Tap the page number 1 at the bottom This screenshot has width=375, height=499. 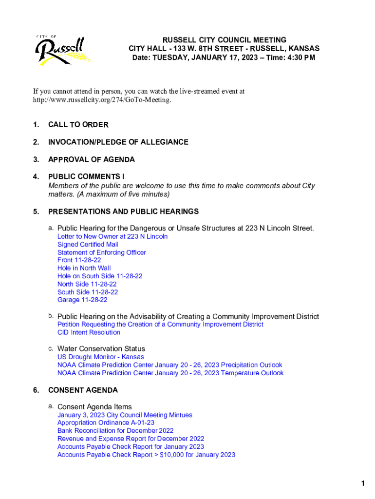[x=363, y=483]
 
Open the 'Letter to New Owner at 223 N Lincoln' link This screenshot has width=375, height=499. [x=112, y=236]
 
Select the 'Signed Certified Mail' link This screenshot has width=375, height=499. [x=88, y=244]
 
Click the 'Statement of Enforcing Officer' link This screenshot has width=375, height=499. [x=101, y=252]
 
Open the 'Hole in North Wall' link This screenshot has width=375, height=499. [x=84, y=268]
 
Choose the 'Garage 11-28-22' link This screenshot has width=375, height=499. [x=82, y=300]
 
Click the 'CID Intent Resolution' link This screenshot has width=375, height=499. [x=89, y=332]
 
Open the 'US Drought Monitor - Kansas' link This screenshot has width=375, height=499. [x=100, y=357]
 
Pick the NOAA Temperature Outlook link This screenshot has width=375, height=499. [x=170, y=373]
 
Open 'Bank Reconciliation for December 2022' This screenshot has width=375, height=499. [x=115, y=431]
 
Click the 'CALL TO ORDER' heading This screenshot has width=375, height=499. [x=78, y=125]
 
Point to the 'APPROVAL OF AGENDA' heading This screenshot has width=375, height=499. [x=92, y=159]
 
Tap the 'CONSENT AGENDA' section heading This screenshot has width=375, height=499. [x=83, y=390]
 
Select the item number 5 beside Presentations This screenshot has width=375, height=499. [x=36, y=211]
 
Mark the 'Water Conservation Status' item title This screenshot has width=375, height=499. [x=101, y=348]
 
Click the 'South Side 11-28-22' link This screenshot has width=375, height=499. [x=88, y=292]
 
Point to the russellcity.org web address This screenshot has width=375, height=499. [x=102, y=99]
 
